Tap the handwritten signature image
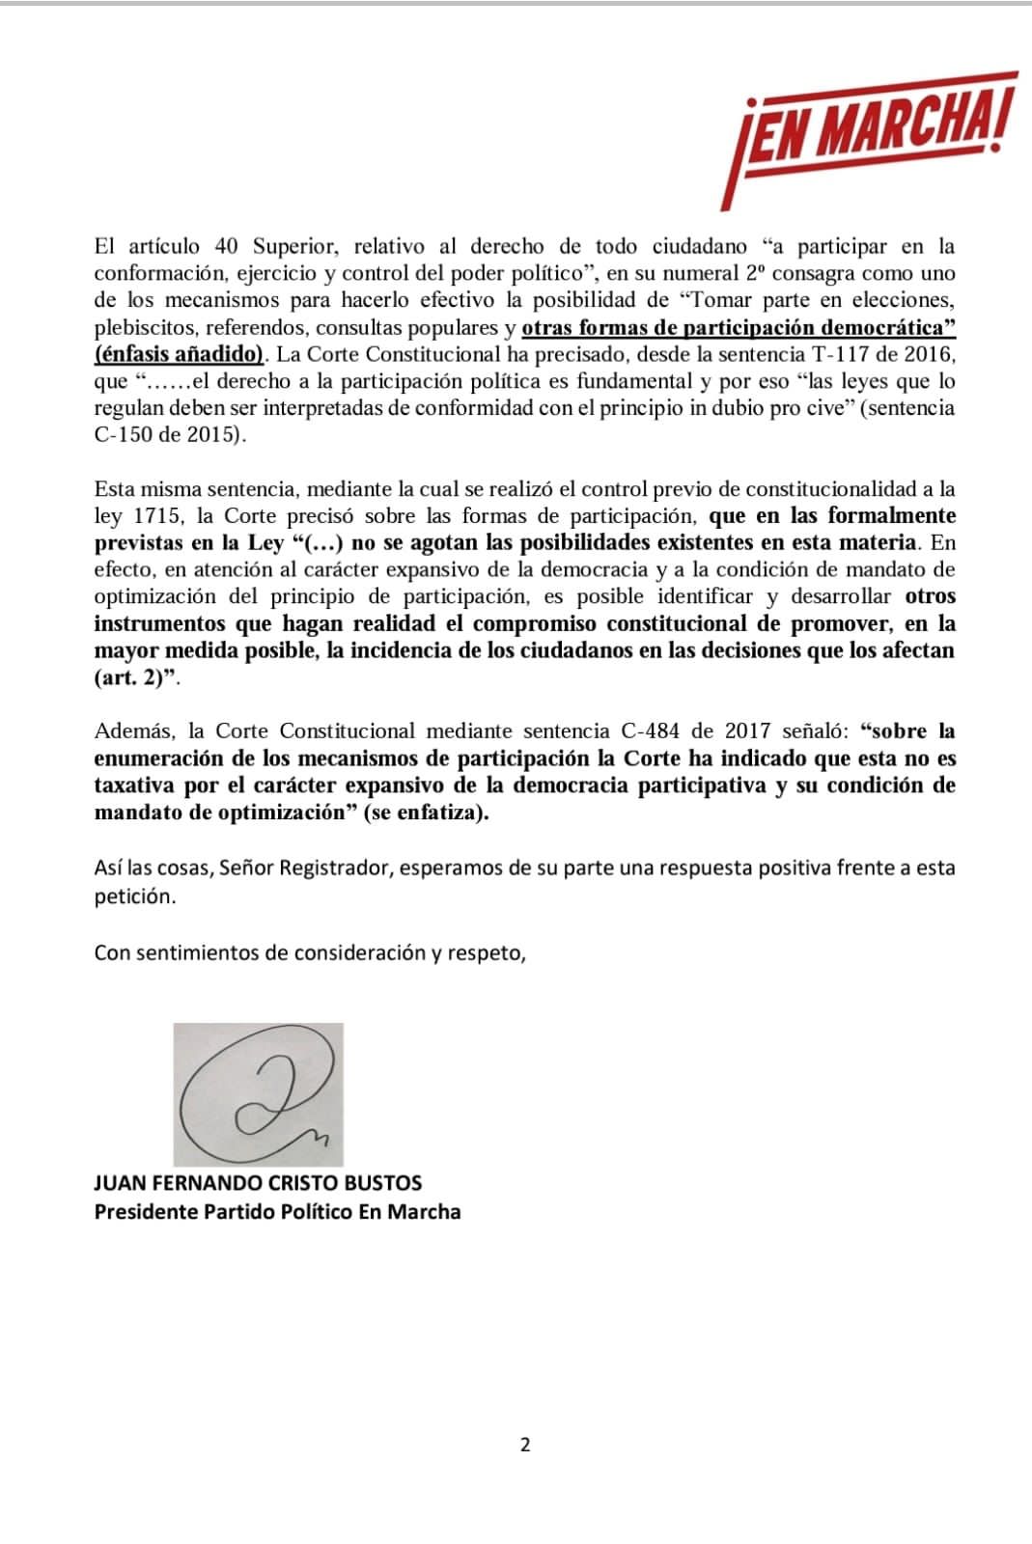click(258, 1094)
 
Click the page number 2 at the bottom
click(525, 1445)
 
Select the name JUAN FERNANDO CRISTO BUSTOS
click(258, 1182)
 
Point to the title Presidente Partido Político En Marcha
click(277, 1211)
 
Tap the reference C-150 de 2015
click(170, 434)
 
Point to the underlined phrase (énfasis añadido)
click(181, 353)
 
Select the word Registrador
click(335, 868)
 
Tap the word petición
click(135, 896)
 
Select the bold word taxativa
click(136, 786)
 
